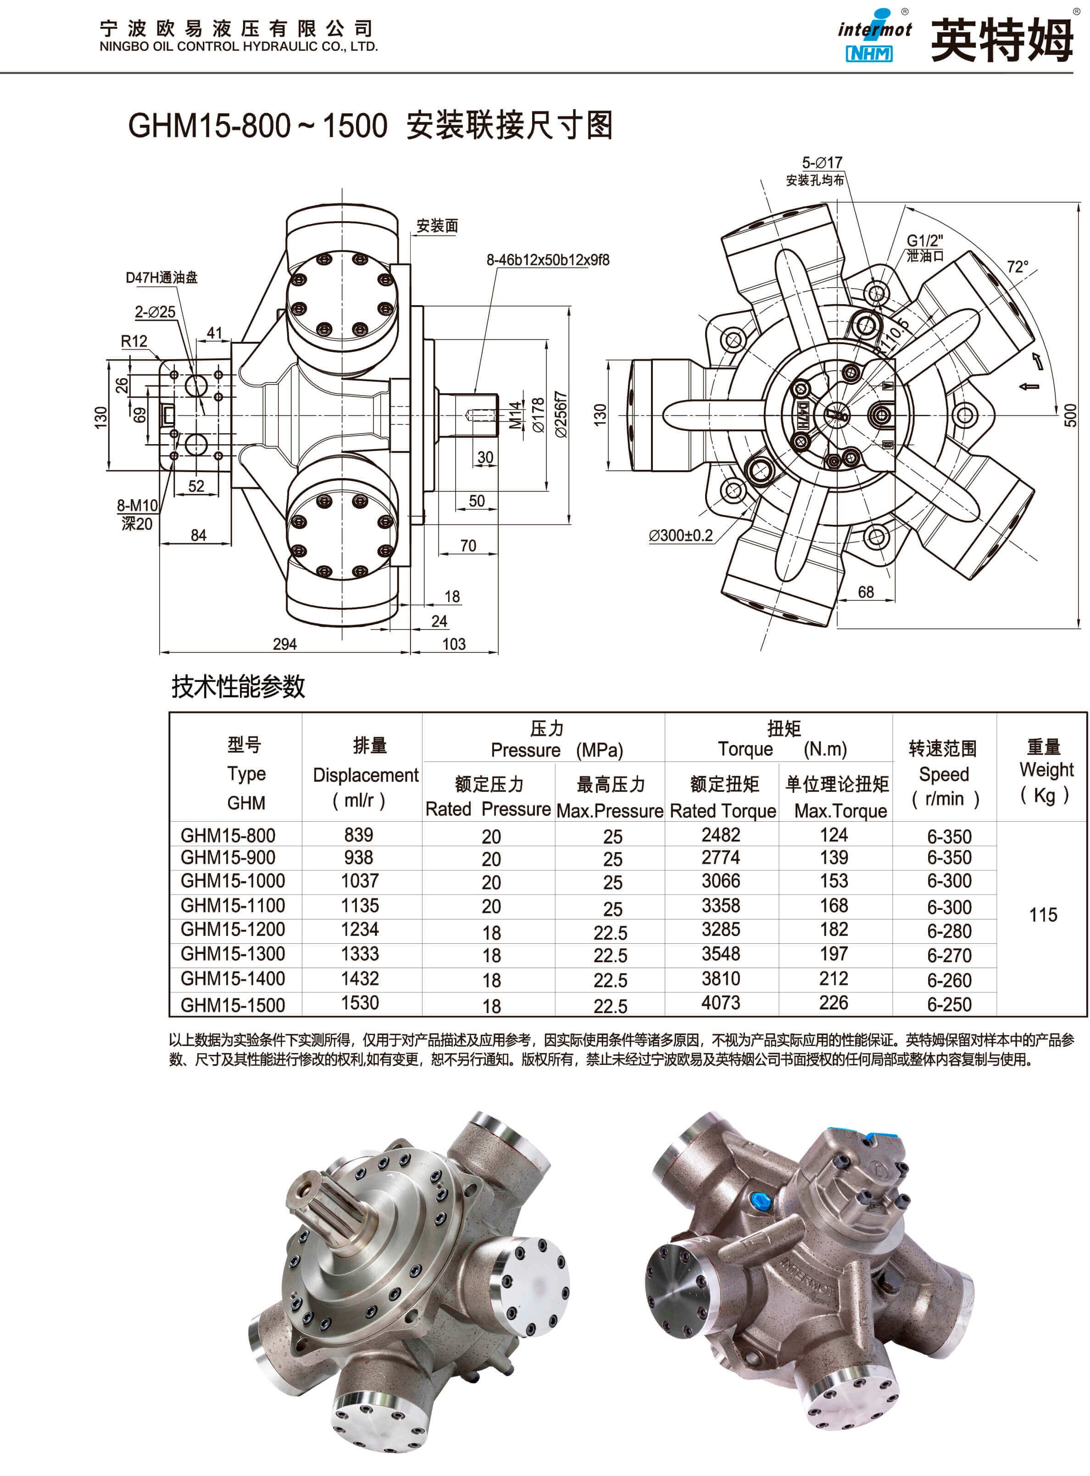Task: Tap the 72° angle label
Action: (x=1017, y=267)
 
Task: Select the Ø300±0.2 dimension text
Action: (x=680, y=535)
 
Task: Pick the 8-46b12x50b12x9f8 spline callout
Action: (x=548, y=260)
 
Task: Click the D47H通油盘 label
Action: (x=161, y=277)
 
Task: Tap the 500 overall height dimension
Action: (x=1070, y=414)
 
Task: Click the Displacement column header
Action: (x=366, y=774)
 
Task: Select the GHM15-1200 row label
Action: (x=232, y=929)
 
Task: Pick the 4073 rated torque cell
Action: (x=721, y=1003)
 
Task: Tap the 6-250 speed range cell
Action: (x=949, y=1004)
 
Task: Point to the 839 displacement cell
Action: (x=358, y=835)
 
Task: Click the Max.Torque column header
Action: (x=840, y=810)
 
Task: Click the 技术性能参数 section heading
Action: (x=238, y=686)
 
